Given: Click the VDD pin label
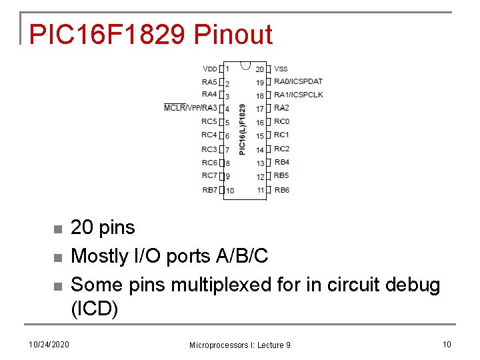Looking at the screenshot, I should point(209,69).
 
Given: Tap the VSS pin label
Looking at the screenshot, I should point(281,69).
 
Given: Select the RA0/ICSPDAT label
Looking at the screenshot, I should point(298,82).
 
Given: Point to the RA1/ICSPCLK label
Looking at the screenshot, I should point(298,95).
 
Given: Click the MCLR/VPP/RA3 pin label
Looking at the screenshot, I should point(190,108).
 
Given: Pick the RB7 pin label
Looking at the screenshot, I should point(209,190).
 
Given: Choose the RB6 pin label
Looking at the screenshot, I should point(281,190).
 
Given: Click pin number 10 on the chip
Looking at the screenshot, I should point(229,191).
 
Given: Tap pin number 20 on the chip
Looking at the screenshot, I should point(260,69).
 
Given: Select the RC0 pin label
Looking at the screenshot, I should point(281,121).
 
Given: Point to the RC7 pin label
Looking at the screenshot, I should point(209,176).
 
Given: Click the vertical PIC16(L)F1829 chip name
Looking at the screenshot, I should point(243,129).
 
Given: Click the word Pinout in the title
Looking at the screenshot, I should point(233,35).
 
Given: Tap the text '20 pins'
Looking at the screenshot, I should point(103,227).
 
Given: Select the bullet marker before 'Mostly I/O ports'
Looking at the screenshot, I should point(57,257).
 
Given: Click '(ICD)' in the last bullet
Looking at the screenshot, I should point(94,310).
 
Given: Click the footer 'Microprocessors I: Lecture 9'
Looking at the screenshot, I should point(239,345).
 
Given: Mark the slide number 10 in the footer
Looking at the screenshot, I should point(446,344).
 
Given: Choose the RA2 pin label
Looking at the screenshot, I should point(281,108).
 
